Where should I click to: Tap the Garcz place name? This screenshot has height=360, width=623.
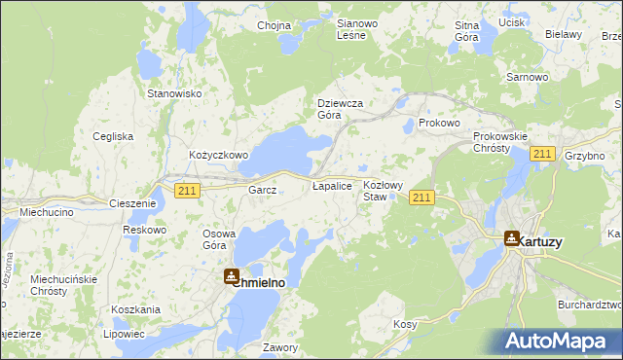pyautogui.click(x=264, y=191)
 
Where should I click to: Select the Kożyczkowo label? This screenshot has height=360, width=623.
pyautogui.click(x=219, y=155)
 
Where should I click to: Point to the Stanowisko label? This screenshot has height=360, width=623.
pyautogui.click(x=173, y=93)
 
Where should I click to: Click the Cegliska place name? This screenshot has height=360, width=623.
pyautogui.click(x=113, y=136)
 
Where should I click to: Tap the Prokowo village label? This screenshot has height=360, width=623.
pyautogui.click(x=438, y=124)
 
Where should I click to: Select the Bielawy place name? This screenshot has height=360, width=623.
pyautogui.click(x=564, y=34)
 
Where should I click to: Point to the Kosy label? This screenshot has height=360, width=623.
pyautogui.click(x=405, y=324)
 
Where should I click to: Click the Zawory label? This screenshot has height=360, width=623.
pyautogui.click(x=280, y=346)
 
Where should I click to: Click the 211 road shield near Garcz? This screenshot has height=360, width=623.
pyautogui.click(x=188, y=191)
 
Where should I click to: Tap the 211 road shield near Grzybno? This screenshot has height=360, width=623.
pyautogui.click(x=543, y=154)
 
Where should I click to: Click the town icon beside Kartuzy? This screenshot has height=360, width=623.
pyautogui.click(x=512, y=237)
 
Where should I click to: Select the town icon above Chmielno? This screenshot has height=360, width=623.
pyautogui.click(x=232, y=276)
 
